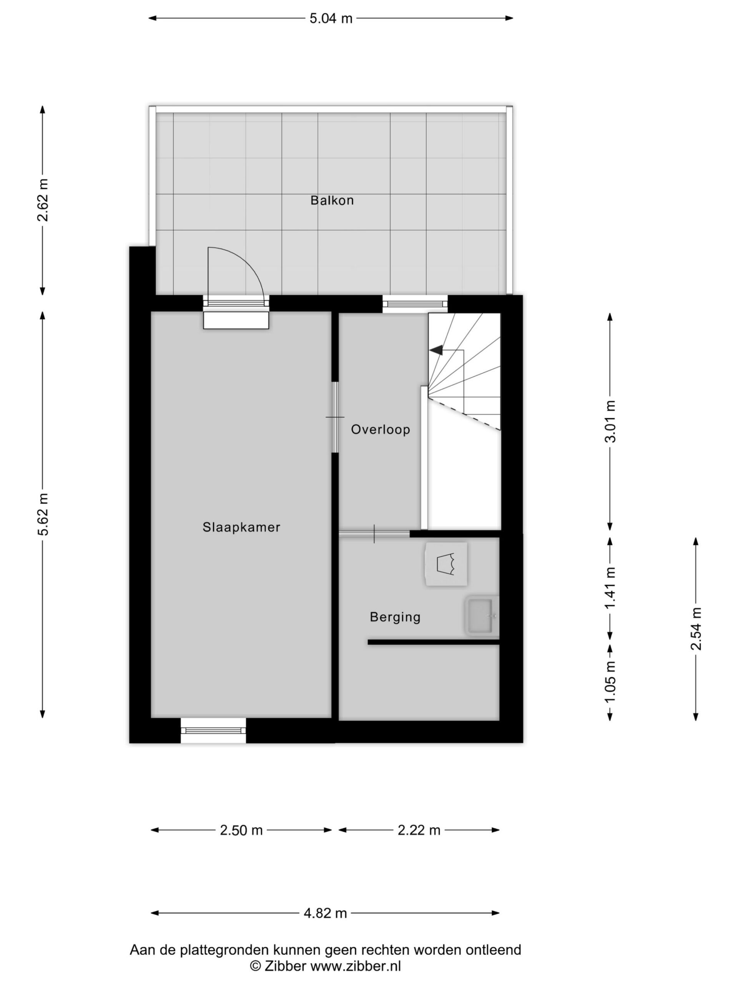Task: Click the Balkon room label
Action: coord(332,200)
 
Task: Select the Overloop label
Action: coord(381,429)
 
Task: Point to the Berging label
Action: coord(395,617)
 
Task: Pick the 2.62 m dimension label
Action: coord(43,200)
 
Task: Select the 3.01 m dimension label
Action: coord(611,421)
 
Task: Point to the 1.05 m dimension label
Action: coord(611,681)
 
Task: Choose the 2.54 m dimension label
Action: coord(696,628)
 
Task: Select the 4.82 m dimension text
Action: coord(325,913)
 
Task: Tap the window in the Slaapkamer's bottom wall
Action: coord(214,730)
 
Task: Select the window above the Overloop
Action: coord(415,304)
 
